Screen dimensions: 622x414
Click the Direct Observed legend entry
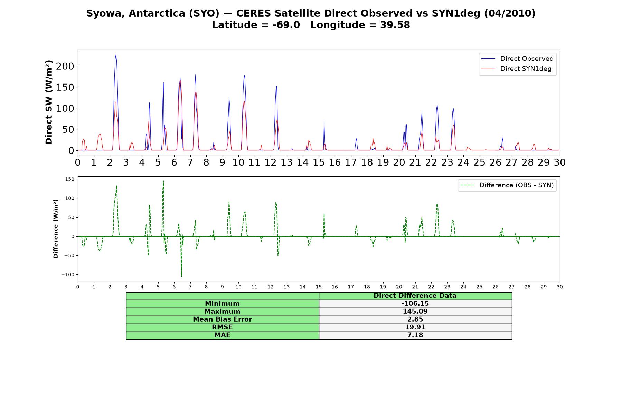(517, 59)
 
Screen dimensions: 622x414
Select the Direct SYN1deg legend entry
(516, 69)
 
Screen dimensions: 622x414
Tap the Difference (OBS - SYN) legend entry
(507, 185)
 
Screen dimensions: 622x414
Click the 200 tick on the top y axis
(65, 66)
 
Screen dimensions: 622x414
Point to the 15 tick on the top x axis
(319, 162)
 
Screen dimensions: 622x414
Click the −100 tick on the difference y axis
(68, 275)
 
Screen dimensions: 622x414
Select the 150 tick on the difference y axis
(70, 179)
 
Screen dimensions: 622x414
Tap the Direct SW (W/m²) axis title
(49, 102)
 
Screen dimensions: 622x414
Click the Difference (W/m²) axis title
(56, 229)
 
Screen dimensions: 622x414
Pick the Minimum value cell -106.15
(415, 304)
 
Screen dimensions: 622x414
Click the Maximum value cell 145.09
(415, 312)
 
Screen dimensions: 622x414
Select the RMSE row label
(222, 327)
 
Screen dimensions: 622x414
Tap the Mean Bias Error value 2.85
(415, 319)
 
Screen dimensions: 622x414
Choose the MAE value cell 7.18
(415, 335)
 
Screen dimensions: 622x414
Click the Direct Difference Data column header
(415, 296)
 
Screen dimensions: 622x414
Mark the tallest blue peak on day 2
(116, 55)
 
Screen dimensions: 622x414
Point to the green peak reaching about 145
(163, 181)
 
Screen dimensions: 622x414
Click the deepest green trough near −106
(181, 276)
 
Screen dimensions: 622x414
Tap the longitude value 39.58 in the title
(395, 25)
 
